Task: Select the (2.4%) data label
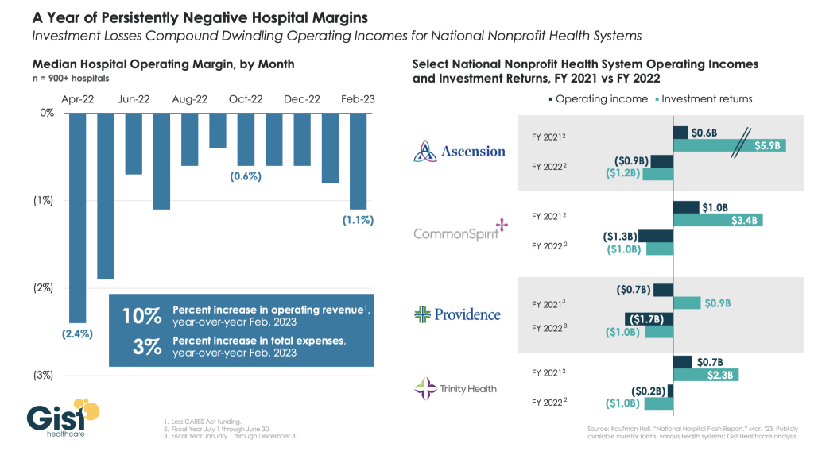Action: click(77, 334)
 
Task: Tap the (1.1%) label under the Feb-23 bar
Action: click(357, 219)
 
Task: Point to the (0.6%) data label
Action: click(246, 176)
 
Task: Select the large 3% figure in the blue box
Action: click(149, 345)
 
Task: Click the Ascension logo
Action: click(459, 151)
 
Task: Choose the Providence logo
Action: click(457, 314)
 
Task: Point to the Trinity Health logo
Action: click(456, 388)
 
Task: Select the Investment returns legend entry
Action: click(703, 99)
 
